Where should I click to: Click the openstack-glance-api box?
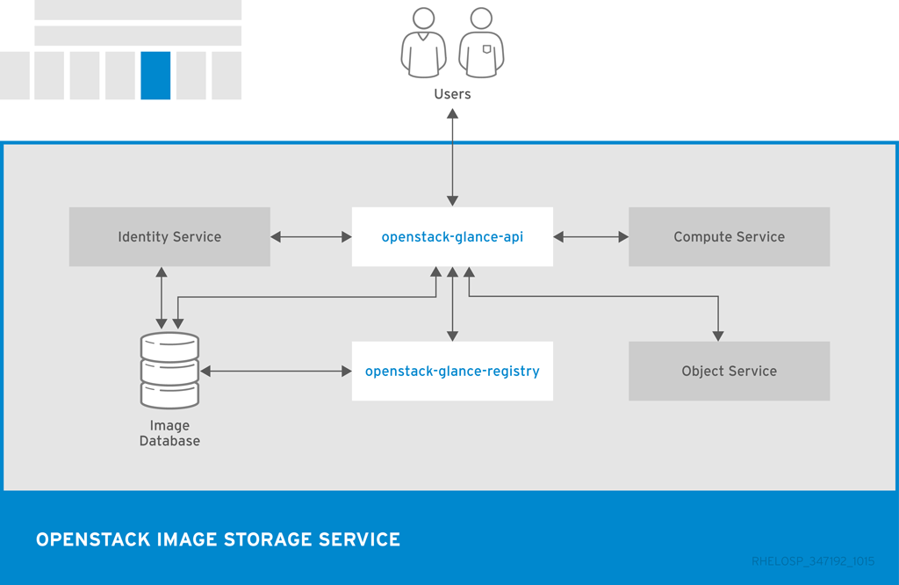pyautogui.click(x=452, y=237)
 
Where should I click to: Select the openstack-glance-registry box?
pyautogui.click(x=452, y=372)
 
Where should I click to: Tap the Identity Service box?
pyautogui.click(x=169, y=237)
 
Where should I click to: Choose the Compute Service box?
pyautogui.click(x=729, y=237)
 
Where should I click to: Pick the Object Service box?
pyautogui.click(x=729, y=372)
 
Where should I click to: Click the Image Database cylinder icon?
pyautogui.click(x=169, y=370)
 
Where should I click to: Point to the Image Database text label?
pyautogui.click(x=169, y=434)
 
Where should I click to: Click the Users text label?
pyautogui.click(x=452, y=94)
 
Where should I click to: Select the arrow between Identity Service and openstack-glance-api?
pyautogui.click(x=311, y=237)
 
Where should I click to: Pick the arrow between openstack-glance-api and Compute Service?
pyautogui.click(x=591, y=237)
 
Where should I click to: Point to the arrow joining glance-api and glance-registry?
pyautogui.click(x=452, y=304)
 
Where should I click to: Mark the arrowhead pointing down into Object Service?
pyautogui.click(x=718, y=334)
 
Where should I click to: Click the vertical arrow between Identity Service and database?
pyautogui.click(x=161, y=299)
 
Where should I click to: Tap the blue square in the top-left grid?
pyautogui.click(x=155, y=76)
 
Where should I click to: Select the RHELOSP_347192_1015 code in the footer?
pyautogui.click(x=813, y=561)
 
